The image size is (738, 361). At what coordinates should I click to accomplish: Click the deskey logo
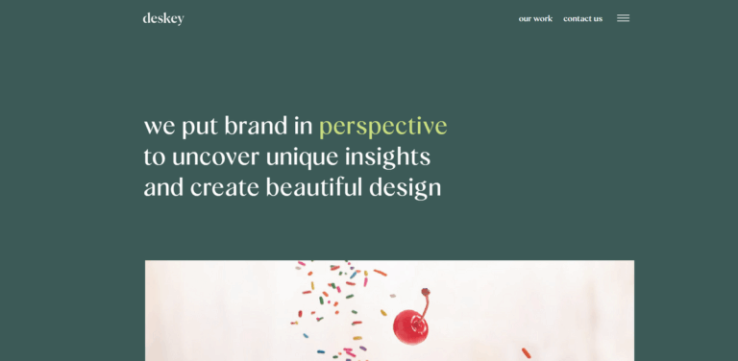pos(163,18)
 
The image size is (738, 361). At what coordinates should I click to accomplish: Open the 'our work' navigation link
pos(535,18)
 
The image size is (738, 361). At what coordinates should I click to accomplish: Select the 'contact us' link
pos(582,18)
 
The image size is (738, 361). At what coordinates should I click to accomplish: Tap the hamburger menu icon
pos(623,18)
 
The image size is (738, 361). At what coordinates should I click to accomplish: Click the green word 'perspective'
pos(382,127)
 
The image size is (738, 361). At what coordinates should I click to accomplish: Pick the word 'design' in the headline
pos(405,188)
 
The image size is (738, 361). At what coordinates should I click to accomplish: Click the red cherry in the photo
pos(410,326)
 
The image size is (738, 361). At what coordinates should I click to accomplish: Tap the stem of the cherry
pos(424,299)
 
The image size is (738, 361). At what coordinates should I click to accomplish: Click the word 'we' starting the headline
pos(160,127)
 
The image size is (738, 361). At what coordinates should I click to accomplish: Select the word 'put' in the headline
pos(200,128)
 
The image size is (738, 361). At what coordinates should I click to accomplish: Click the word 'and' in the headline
pos(163,187)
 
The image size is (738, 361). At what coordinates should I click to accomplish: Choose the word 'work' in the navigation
pos(543,18)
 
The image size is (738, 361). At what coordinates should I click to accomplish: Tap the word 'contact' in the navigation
pos(577,18)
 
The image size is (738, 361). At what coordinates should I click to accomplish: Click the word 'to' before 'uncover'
pos(155,156)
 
